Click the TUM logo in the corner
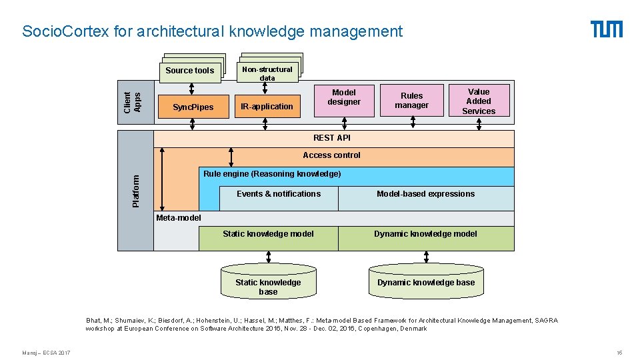pos(606,29)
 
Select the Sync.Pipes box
pos(193,107)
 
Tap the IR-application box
pos(267,107)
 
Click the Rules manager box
pos(411,100)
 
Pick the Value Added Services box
pos(479,101)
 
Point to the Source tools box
pos(190,71)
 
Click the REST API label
pos(332,138)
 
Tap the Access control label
pos(331,155)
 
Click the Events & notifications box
pos(279,194)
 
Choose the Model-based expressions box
pos(425,194)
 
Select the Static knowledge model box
pos(268,234)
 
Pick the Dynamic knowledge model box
pos(425,234)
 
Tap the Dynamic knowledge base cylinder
pos(426,283)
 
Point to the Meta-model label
pos(178,217)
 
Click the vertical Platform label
pos(136,191)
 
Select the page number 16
pos(619,352)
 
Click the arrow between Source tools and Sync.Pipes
pos(192,89)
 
